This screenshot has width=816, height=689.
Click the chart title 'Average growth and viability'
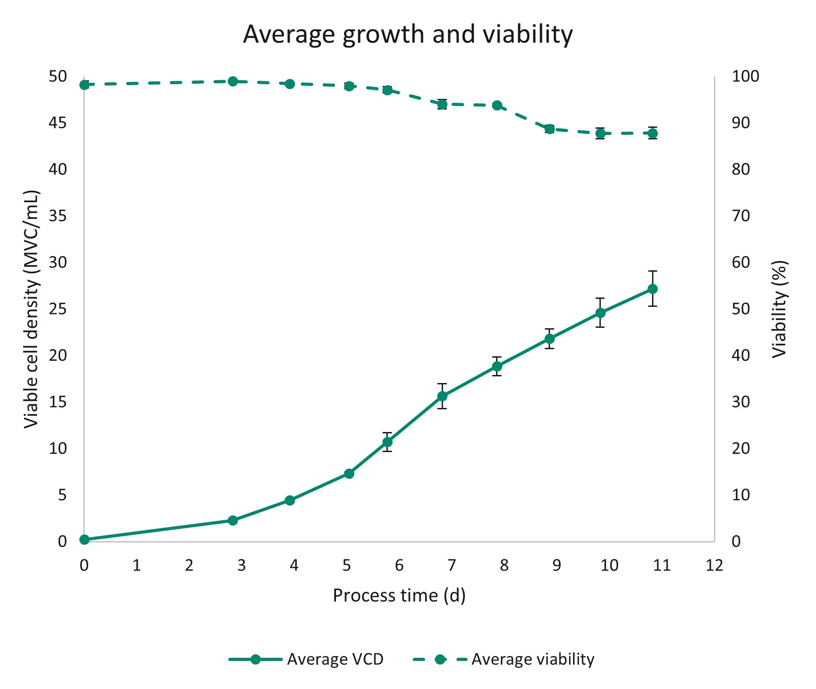coord(407,34)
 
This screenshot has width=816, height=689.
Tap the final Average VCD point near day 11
coord(652,289)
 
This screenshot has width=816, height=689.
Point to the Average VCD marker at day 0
coord(84,540)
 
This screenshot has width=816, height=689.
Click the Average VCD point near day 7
coord(442,396)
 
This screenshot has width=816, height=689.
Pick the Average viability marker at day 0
coord(84,85)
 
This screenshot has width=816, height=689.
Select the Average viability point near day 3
coord(233,82)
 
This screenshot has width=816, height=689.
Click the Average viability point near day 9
coord(549,129)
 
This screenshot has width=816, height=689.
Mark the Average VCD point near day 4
coord(290,501)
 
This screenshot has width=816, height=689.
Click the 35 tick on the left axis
coord(57,216)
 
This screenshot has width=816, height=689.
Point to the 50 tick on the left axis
coord(57,77)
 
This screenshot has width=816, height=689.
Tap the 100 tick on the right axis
coord(745,77)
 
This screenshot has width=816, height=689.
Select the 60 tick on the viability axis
coord(741,262)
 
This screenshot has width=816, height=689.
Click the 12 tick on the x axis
coord(714,566)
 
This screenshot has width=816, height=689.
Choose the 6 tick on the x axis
coord(399,566)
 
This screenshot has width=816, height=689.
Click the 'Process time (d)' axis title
coord(399,596)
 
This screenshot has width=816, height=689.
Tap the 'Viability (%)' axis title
coord(779,309)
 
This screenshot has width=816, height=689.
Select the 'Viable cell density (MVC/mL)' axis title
coord(31,309)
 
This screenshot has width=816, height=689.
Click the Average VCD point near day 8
coord(497,367)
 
